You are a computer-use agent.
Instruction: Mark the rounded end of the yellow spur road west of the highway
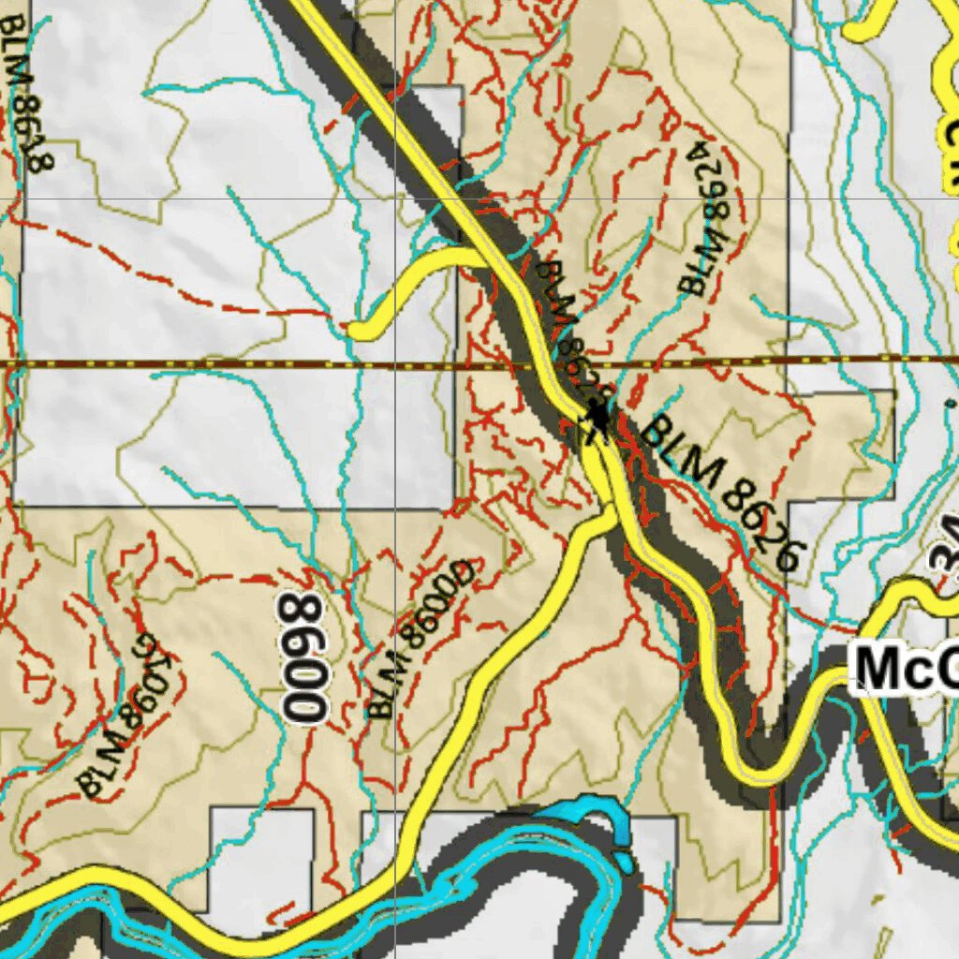[x=359, y=329]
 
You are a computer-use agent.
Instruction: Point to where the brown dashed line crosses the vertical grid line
[x=395, y=362]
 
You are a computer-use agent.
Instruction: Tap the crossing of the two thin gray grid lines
[x=395, y=199]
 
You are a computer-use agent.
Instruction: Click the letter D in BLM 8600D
[x=465, y=571]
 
